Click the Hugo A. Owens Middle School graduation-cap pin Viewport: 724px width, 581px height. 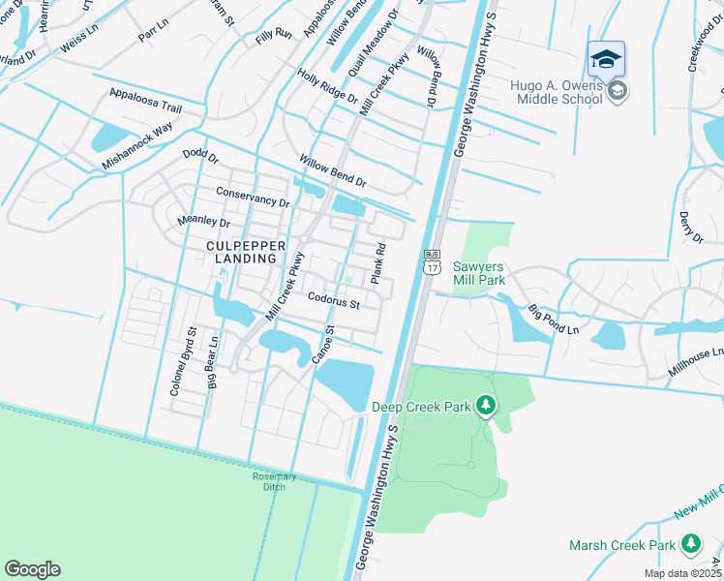tap(606, 60)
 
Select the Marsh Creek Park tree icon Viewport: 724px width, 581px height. tap(690, 545)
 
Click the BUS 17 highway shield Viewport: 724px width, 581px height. tap(432, 262)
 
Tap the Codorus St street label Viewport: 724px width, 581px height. tap(334, 303)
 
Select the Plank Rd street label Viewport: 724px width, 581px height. tap(379, 263)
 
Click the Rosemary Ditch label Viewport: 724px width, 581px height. tap(274, 481)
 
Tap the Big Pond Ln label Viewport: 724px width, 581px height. tap(554, 321)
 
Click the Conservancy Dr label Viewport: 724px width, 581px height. tap(253, 197)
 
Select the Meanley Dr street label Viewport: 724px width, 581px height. tap(204, 223)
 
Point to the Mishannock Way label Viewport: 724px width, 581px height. tap(136, 146)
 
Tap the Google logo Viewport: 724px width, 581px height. tap(32, 569)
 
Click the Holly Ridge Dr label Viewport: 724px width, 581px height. tap(328, 87)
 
